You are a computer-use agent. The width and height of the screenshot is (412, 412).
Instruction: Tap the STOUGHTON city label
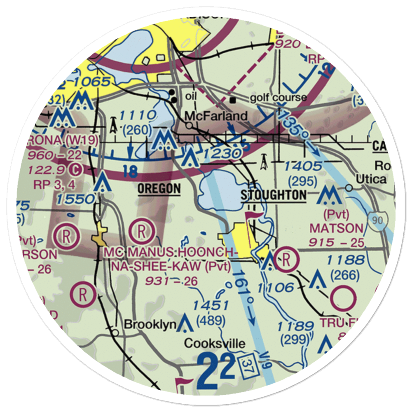[x=274, y=195]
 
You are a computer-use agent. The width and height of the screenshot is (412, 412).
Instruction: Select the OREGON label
[x=159, y=189]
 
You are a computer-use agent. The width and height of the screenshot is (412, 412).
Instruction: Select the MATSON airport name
[x=336, y=228]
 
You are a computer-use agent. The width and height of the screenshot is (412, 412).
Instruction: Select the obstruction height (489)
[x=211, y=319]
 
